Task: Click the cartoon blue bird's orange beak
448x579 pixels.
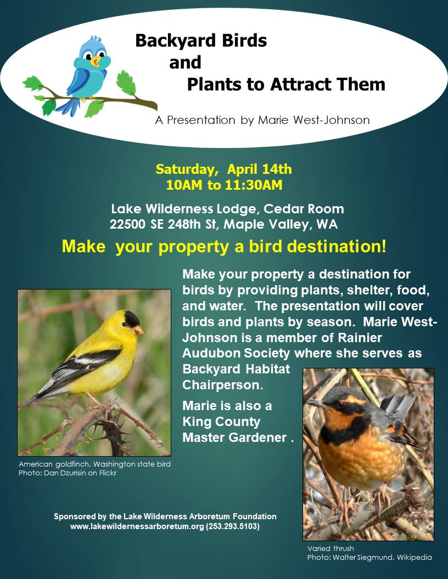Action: point(96,61)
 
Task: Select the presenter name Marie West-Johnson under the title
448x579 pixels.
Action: point(314,120)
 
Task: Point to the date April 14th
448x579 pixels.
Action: point(260,169)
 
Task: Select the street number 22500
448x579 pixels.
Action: point(127,224)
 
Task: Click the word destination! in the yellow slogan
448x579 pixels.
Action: point(337,246)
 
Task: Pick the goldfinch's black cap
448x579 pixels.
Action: point(132,319)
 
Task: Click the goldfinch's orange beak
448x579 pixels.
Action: point(138,330)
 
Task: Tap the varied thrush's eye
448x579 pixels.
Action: point(340,404)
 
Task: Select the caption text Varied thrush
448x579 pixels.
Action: point(331,548)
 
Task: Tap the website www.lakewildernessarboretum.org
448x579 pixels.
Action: point(137,526)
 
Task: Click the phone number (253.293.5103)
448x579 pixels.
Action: point(233,526)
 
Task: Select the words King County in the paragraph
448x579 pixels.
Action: point(221,422)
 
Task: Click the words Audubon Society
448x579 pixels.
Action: point(236,353)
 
